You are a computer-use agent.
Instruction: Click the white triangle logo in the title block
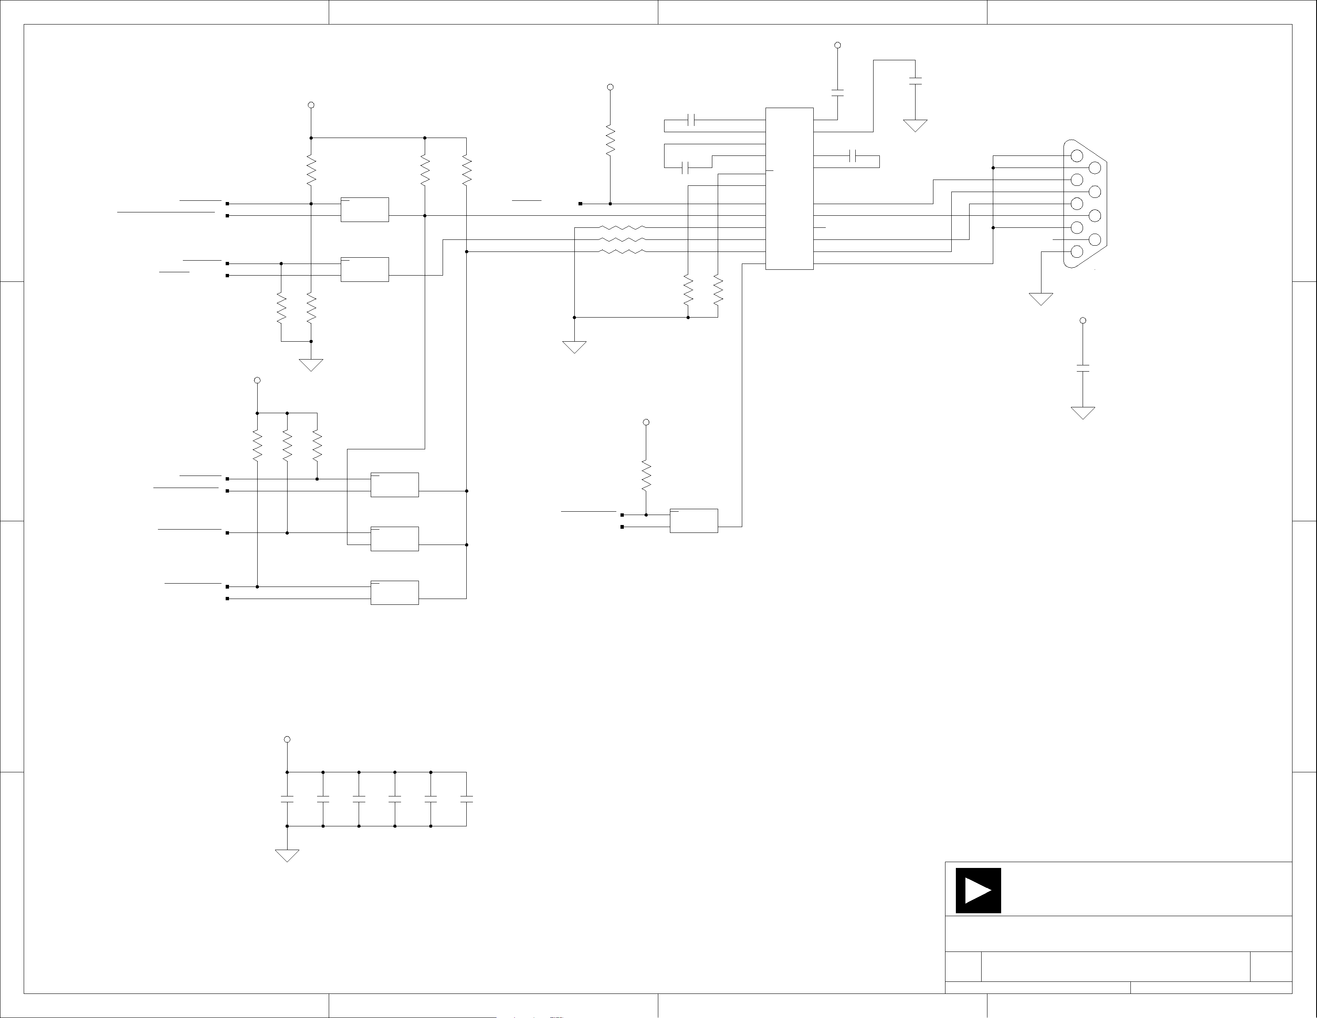tap(977, 890)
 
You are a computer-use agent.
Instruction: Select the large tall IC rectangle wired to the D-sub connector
tap(789, 189)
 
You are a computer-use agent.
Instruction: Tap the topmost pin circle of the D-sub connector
tap(1076, 155)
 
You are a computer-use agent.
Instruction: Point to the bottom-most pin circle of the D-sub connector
tap(1076, 251)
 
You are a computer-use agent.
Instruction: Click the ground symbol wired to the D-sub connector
tap(1041, 298)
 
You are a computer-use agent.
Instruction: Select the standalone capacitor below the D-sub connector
tap(1083, 368)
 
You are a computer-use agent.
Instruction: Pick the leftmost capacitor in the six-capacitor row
tap(287, 799)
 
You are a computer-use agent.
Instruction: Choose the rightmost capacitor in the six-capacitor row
tap(466, 799)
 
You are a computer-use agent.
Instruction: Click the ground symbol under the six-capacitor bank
tap(287, 855)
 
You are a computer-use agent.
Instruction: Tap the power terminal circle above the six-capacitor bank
tap(287, 739)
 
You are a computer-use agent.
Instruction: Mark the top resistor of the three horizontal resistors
tap(622, 228)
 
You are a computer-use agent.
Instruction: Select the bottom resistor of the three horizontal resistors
tap(622, 251)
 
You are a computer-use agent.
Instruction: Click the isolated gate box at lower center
tap(694, 520)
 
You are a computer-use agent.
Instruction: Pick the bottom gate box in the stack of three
tap(394, 592)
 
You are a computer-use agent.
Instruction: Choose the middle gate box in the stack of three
tap(394, 539)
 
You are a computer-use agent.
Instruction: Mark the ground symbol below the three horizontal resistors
tap(574, 347)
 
